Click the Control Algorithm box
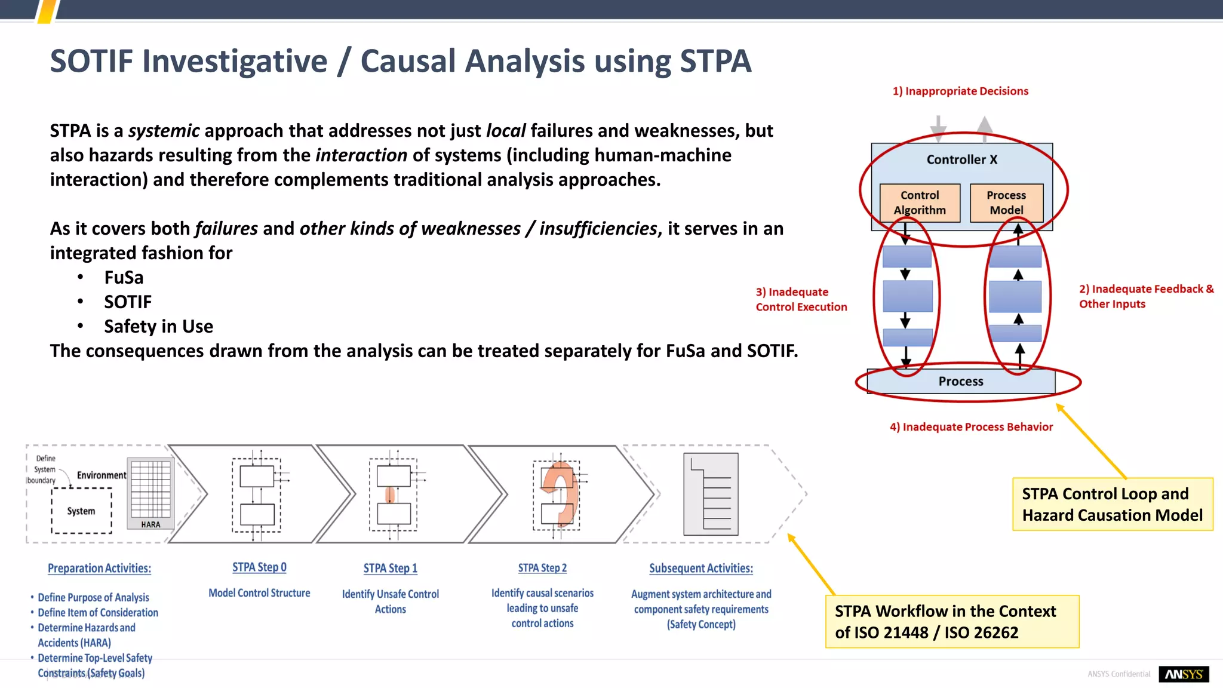click(x=920, y=203)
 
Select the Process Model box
click(x=1006, y=203)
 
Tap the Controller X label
click(x=961, y=159)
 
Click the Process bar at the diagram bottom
click(x=961, y=381)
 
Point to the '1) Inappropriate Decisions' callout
click(x=960, y=91)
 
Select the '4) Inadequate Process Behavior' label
click(x=971, y=427)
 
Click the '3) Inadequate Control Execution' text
click(x=801, y=299)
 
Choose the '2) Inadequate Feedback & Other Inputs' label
click(x=1145, y=296)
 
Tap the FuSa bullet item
click(x=124, y=278)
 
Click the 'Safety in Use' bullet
click(x=158, y=327)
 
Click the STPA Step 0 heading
click(x=259, y=567)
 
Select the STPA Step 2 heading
click(x=542, y=568)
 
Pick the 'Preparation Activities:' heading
click(x=99, y=569)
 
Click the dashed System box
click(x=81, y=511)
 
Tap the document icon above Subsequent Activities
click(x=711, y=494)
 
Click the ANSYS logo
click(x=1184, y=674)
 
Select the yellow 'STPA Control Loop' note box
click(x=1112, y=504)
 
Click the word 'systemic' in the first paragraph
click(x=164, y=131)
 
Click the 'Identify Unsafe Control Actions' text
click(x=390, y=601)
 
